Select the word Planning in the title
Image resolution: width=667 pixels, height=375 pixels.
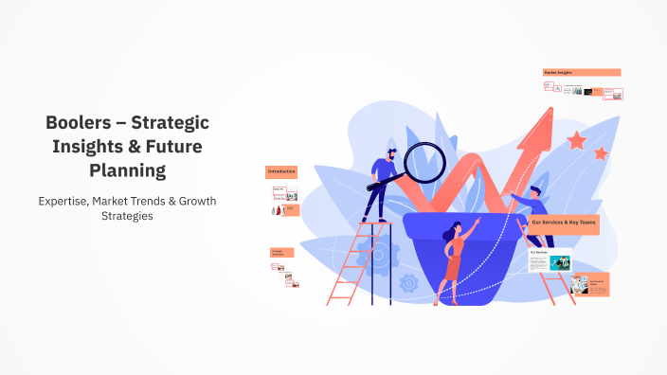coord(127,170)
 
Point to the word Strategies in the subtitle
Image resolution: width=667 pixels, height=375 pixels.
coord(127,216)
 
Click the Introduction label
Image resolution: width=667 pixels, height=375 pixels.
coord(281,171)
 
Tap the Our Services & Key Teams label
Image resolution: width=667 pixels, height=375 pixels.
coord(563,223)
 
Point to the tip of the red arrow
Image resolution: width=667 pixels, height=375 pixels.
coord(549,113)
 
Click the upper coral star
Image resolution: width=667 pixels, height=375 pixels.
coord(576,141)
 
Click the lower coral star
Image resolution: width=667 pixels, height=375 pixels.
coord(601,152)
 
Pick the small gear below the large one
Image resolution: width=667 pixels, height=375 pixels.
coord(409,281)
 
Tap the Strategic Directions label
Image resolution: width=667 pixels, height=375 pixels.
coord(281,253)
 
